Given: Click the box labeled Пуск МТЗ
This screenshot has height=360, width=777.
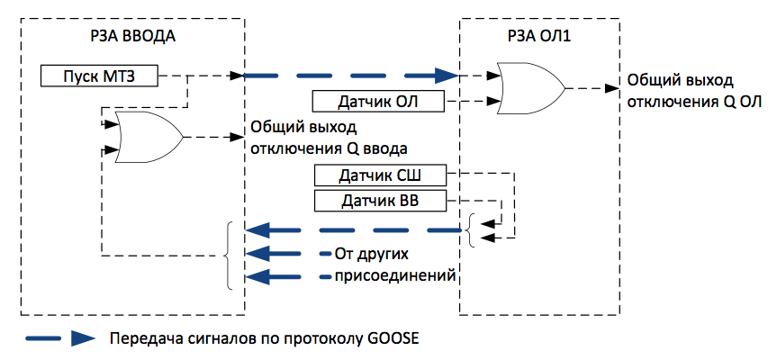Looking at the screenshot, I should pyautogui.click(x=100, y=76).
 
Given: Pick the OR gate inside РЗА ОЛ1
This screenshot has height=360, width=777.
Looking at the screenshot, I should pyautogui.click(x=530, y=89).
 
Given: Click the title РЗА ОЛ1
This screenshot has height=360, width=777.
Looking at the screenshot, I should pyautogui.click(x=536, y=39).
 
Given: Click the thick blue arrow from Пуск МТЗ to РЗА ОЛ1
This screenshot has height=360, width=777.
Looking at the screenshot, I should pyautogui.click(x=351, y=76).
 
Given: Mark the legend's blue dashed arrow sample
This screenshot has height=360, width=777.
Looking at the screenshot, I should pyautogui.click(x=59, y=339).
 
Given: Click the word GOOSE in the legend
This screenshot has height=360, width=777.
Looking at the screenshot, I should pyautogui.click(x=393, y=339).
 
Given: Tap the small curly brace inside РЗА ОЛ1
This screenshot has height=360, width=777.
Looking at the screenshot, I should pyautogui.click(x=471, y=230).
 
